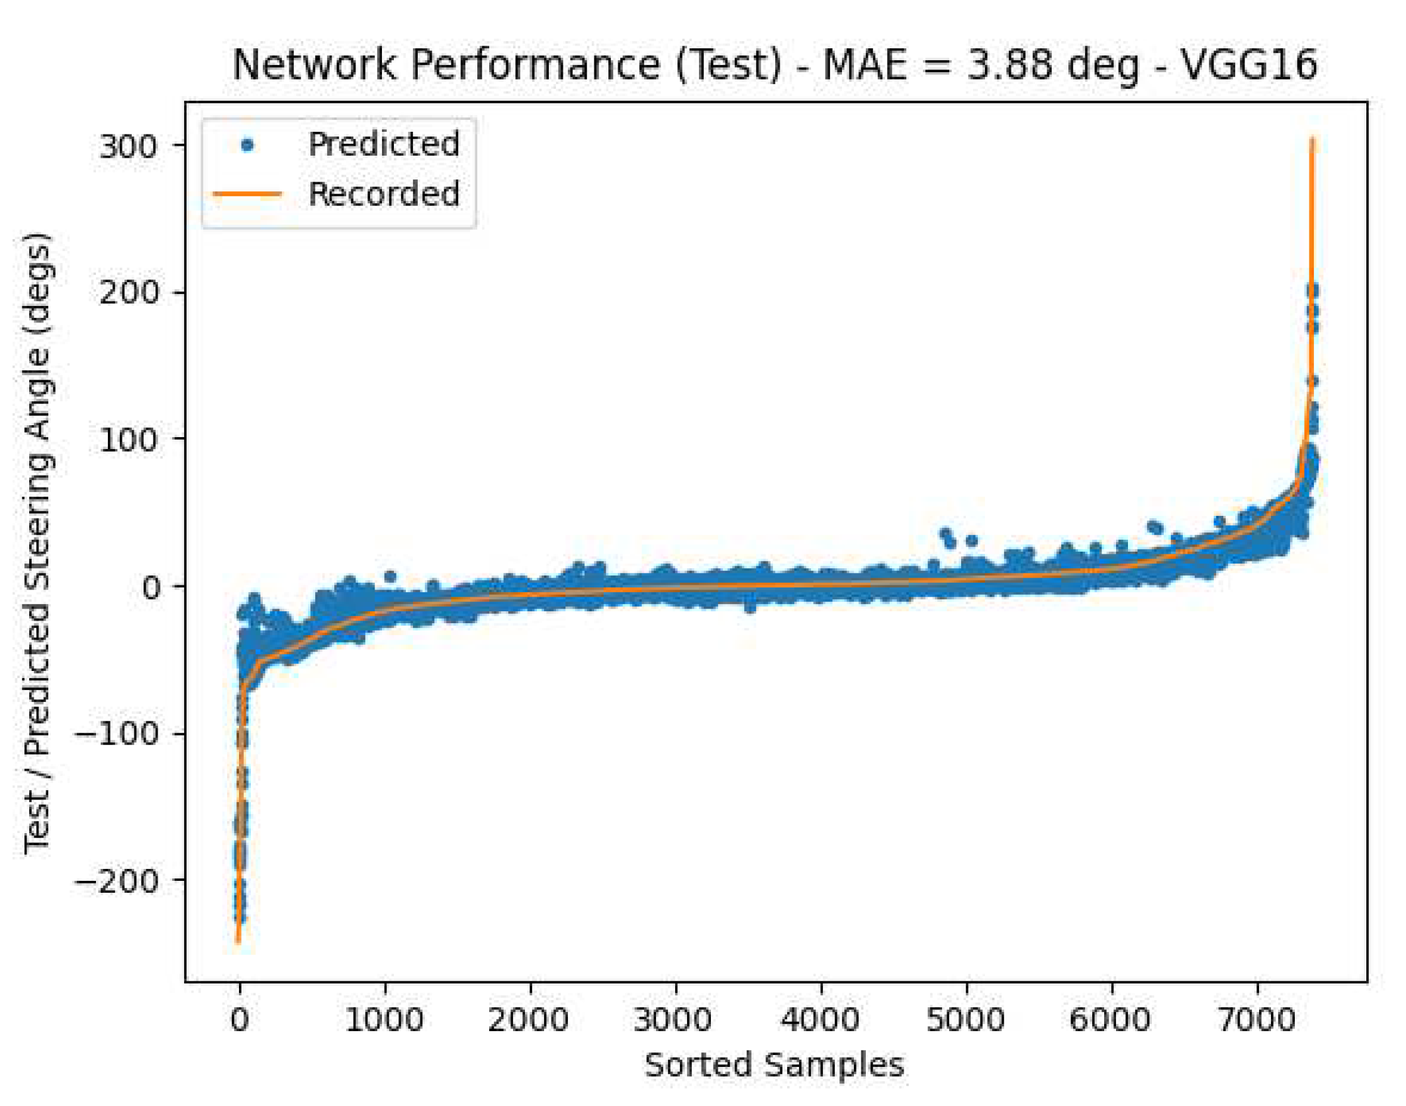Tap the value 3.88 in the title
point(1009,65)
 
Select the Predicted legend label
point(384,144)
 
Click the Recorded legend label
point(384,194)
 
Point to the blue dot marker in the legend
point(248,145)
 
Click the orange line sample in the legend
point(248,194)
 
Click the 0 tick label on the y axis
point(152,587)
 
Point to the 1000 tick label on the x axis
point(384,1019)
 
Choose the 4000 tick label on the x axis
point(820,1019)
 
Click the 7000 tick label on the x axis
point(1256,1019)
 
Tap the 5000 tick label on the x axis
point(966,1019)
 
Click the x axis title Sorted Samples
point(774,1066)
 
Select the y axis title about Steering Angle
point(36,543)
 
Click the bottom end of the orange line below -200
point(238,940)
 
